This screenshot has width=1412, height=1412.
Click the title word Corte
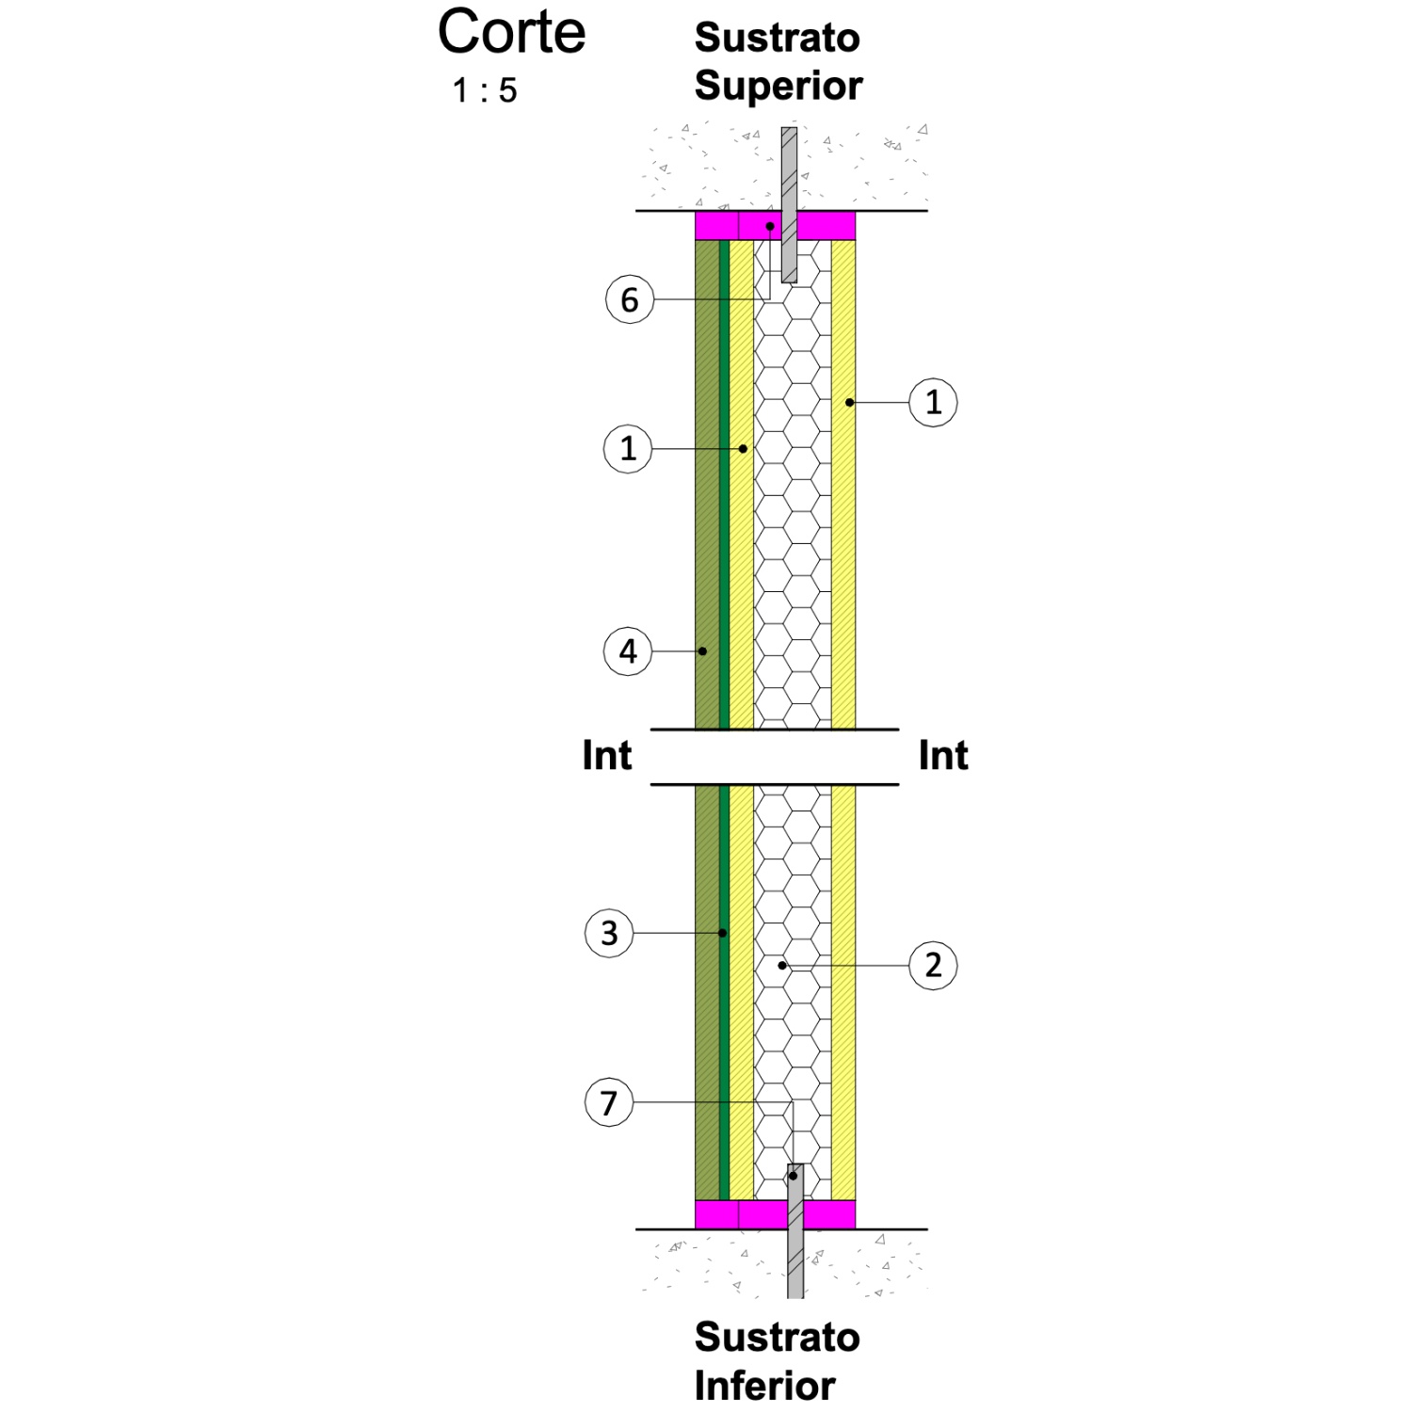pos(511,32)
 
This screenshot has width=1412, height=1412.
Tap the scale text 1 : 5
pos(485,90)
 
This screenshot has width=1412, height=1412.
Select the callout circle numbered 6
pos(630,299)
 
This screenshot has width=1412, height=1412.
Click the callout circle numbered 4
pos(628,650)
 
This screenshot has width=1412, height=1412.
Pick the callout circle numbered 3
pos(610,933)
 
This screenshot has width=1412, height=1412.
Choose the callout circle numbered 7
pos(609,1102)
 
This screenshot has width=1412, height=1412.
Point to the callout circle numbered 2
pos(933,965)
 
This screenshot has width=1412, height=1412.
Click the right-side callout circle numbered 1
pos(933,402)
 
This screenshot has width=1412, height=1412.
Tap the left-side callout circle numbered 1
pos(628,448)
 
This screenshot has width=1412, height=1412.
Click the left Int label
pos(607,755)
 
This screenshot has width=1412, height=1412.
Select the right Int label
pos(943,755)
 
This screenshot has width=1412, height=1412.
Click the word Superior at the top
pos(778,86)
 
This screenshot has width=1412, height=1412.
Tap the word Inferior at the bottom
pos(765,1385)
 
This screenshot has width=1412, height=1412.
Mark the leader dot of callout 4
pos(702,650)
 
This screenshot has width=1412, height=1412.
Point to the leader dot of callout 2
pos(782,965)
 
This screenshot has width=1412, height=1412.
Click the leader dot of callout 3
pos(723,933)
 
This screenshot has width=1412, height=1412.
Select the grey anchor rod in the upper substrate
pos(789,205)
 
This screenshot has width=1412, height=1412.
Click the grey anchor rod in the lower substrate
pos(795,1231)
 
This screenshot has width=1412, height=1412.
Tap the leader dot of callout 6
pos(770,226)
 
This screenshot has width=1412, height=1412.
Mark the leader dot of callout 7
pos(794,1176)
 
